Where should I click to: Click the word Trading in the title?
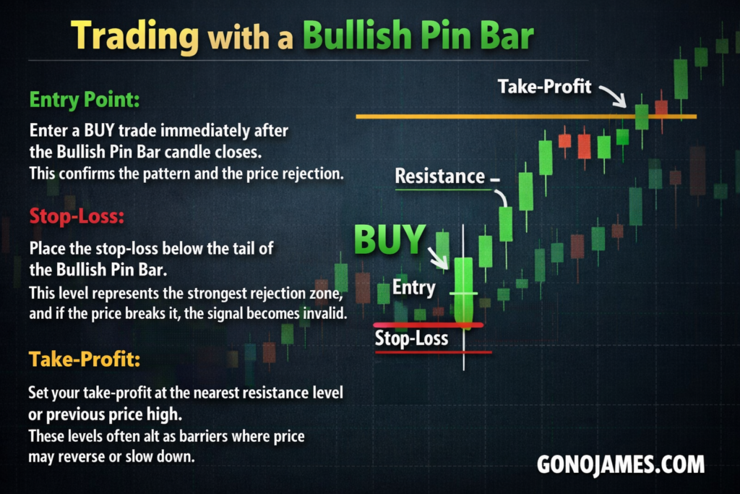point(135,36)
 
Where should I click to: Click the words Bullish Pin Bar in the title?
point(418,35)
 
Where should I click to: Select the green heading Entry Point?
point(85,100)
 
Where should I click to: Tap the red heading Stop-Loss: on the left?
point(77,216)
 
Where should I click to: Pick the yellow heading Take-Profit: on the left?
point(85,359)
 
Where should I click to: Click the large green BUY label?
point(390,239)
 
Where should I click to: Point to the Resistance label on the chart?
point(440,176)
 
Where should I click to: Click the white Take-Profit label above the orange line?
point(545,86)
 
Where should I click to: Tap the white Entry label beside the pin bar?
point(414,287)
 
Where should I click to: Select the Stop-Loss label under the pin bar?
point(411,338)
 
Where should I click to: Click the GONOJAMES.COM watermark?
point(621,464)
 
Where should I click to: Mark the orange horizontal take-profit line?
point(526,116)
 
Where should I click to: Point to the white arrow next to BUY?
point(439,258)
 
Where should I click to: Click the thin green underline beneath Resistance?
point(443,189)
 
